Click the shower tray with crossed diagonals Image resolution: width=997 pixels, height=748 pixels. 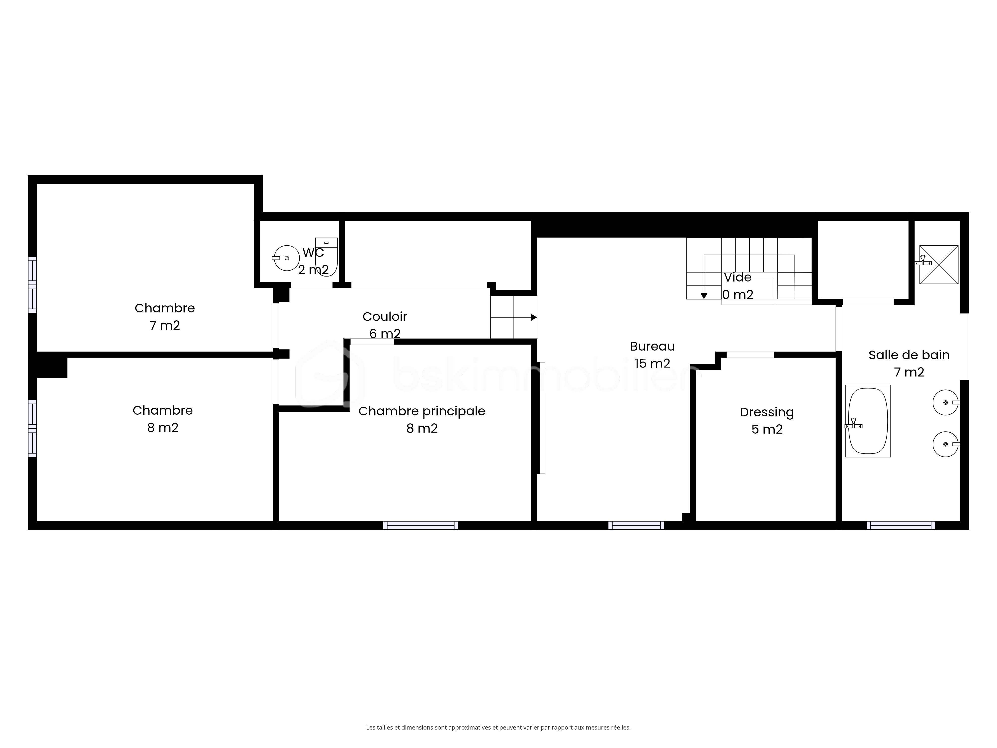point(939,265)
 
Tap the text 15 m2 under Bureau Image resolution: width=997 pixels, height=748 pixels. point(652,364)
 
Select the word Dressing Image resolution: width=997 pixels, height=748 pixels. point(767,412)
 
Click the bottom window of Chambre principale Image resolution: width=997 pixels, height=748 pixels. point(420,525)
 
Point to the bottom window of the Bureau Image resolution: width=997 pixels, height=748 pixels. point(636,525)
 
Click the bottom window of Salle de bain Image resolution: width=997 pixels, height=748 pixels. point(901,525)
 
